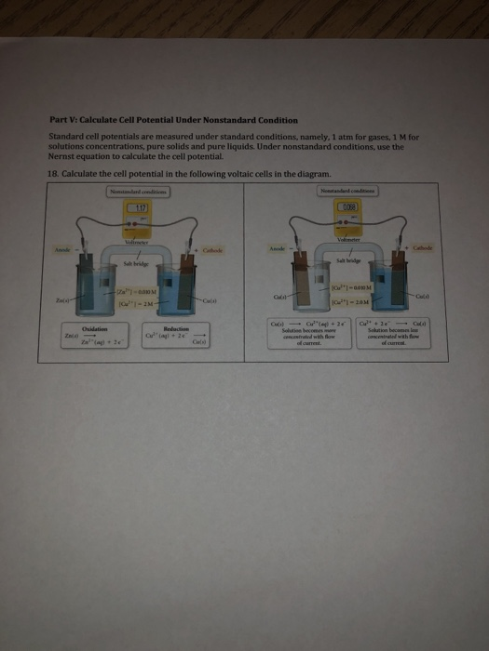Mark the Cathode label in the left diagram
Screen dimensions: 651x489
point(212,250)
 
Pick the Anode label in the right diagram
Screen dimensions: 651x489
point(278,248)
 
